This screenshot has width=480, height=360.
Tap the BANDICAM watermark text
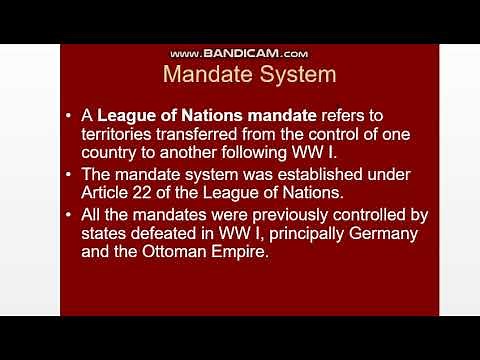[239, 53]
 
